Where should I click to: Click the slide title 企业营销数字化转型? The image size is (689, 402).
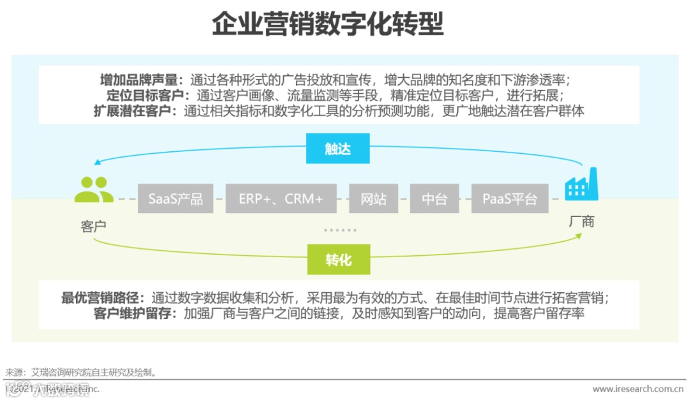tap(327, 26)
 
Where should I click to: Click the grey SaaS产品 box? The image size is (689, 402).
tap(175, 198)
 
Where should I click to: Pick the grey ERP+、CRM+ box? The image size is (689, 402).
tap(281, 198)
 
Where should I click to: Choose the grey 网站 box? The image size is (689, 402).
tap(373, 198)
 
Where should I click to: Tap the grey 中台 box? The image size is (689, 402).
tap(434, 198)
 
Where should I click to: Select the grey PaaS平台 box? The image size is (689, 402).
tap(510, 198)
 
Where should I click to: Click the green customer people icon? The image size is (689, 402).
tap(94, 190)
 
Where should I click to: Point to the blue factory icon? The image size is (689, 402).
tap(581, 184)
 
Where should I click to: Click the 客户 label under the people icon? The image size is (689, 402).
tap(94, 226)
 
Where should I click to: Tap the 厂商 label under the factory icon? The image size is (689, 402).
tap(581, 221)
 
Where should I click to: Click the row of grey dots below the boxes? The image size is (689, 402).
tap(340, 230)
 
